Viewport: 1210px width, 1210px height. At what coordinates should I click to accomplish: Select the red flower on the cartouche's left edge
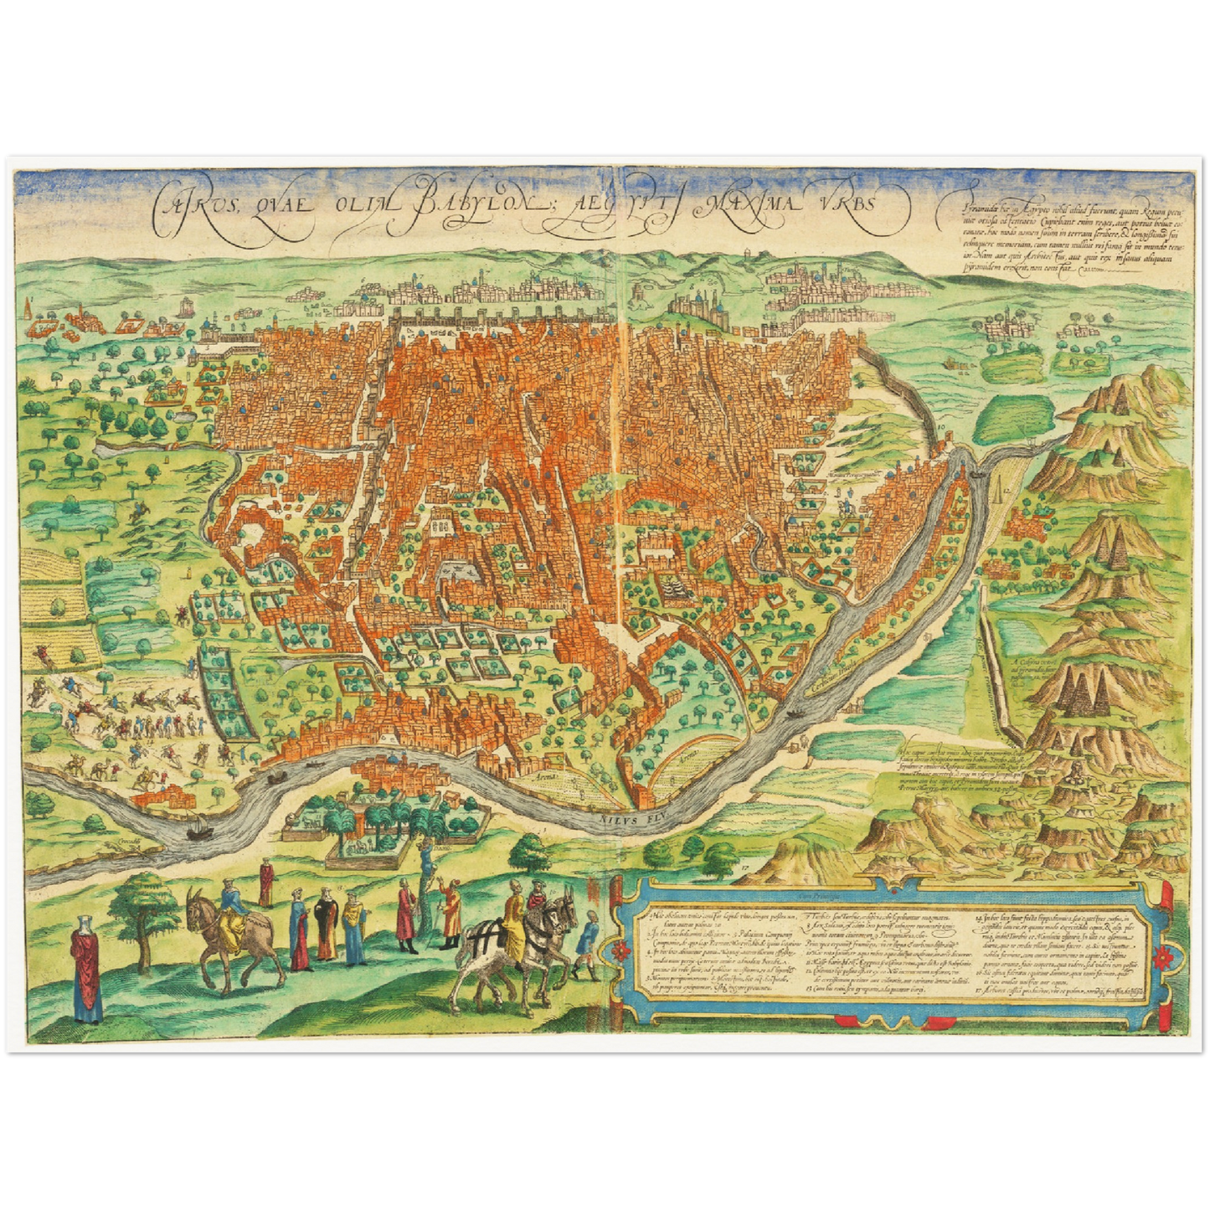tap(620, 951)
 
